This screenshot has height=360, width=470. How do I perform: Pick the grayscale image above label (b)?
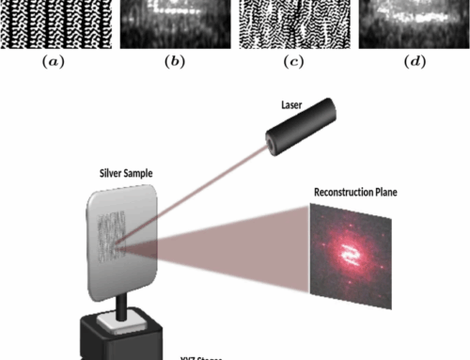[173, 23]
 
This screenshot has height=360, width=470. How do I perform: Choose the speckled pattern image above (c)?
[294, 23]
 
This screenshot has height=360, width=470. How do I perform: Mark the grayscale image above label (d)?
[413, 23]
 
